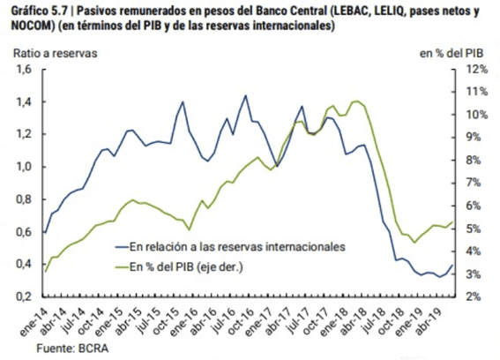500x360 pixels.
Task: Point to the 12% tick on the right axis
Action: pos(477,69)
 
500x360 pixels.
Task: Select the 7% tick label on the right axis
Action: pos(474,183)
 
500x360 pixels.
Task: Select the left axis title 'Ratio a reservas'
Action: pos(55,53)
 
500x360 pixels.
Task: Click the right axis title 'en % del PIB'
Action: pos(451,53)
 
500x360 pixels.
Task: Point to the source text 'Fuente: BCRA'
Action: pos(72,349)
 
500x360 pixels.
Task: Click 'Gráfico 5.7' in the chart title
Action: pos(40,11)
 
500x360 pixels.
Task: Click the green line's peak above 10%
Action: pos(355,101)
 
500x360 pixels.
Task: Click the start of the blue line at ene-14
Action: pos(45,233)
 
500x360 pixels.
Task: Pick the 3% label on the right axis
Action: pos(474,274)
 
